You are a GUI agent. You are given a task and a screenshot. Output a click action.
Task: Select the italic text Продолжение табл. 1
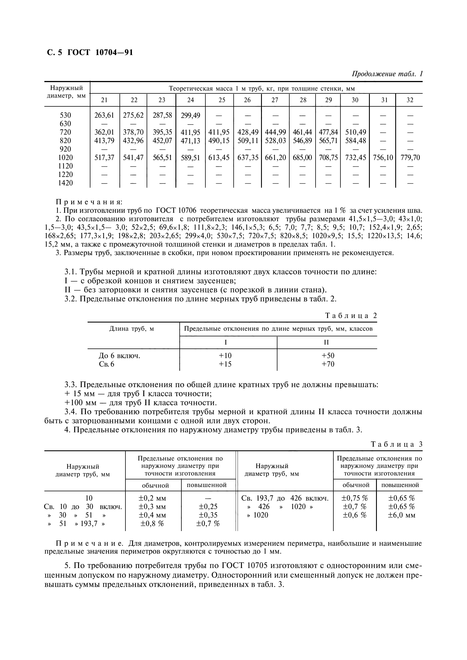click(387, 74)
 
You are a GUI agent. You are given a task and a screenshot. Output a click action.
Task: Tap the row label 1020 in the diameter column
click(65, 157)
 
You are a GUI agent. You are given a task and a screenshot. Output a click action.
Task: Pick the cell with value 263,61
click(104, 115)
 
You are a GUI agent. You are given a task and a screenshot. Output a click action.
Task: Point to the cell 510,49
click(355, 132)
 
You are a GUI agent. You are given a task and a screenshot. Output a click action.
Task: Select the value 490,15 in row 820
click(219, 141)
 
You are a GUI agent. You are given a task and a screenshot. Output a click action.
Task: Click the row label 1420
click(65, 183)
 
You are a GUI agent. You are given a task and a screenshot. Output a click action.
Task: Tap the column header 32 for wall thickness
click(410, 100)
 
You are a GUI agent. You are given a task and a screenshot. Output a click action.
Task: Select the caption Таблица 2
click(351, 316)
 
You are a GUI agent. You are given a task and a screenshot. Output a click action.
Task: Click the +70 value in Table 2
click(328, 364)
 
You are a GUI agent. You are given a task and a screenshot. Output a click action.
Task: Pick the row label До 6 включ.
click(120, 356)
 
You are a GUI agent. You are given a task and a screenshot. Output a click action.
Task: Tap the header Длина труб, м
click(132, 329)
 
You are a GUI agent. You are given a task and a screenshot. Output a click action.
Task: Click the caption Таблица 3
click(396, 444)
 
